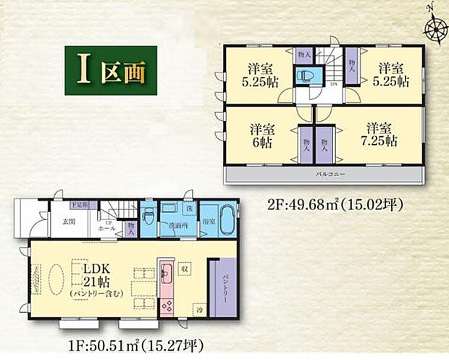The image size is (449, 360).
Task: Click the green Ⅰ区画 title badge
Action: pos(110,70)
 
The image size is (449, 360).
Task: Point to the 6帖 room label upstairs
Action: pos(261,135)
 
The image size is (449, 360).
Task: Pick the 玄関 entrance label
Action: pos(68,222)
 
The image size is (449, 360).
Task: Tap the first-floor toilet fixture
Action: pos(148,216)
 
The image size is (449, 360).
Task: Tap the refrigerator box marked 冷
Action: pos(198,310)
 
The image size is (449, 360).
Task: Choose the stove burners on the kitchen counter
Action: pos(166,305)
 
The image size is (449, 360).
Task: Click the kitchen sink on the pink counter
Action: pos(164,272)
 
